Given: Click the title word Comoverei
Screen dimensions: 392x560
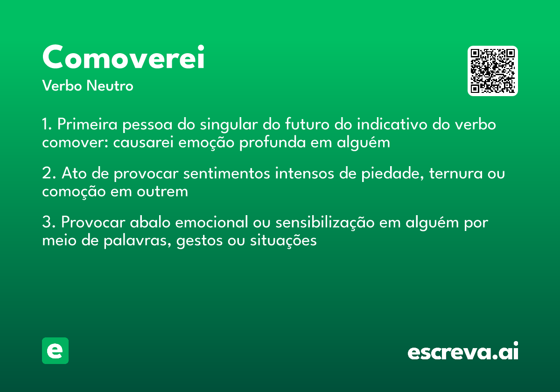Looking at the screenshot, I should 123,58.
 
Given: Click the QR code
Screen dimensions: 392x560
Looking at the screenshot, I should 492,71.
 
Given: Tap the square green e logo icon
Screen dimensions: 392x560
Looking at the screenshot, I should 55,350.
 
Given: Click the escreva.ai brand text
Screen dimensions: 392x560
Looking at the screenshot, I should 463,352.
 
